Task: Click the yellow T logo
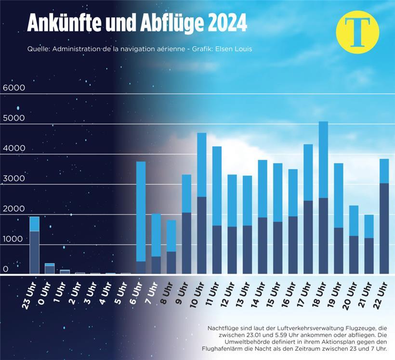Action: [x=357, y=32]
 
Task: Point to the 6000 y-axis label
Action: [x=13, y=88]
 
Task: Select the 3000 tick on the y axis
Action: [x=13, y=179]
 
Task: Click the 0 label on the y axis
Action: [x=6, y=269]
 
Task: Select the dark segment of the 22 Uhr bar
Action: [x=384, y=228]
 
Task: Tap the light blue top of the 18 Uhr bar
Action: [x=323, y=159]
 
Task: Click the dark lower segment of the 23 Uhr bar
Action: [x=34, y=252]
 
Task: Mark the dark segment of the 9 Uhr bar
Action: [x=186, y=243]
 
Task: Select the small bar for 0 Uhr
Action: [x=50, y=269]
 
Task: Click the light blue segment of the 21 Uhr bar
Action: [x=369, y=226]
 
